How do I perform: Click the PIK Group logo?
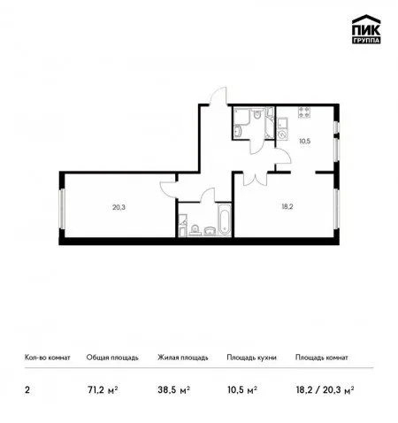pos(366,29)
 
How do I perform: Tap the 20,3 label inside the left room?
pos(119,207)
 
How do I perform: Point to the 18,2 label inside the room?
pos(287,206)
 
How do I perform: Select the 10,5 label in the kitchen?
pos(305,141)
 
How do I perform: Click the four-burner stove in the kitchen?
pos(304,112)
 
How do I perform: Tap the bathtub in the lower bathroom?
pos(225,219)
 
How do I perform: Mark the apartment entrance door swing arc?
pos(218,96)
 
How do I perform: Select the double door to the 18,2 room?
pos(255,179)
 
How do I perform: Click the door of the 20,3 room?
pos(168,189)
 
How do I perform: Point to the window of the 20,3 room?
pos(62,209)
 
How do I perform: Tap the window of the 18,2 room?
pos(336,208)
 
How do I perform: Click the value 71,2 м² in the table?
pos(103,390)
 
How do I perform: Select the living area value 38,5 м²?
pos(174,390)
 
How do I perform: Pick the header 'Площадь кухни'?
pos(251,358)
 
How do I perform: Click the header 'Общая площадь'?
pos(112,358)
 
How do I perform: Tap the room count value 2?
pos(27,390)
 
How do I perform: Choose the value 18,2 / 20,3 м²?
pos(325,390)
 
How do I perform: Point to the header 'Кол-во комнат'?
pos(48,358)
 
